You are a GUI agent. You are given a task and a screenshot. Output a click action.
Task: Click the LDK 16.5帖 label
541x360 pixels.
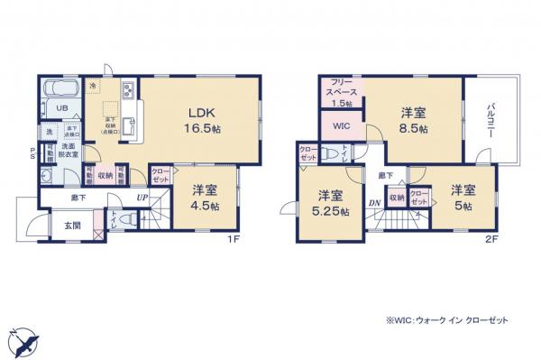coord(205,121)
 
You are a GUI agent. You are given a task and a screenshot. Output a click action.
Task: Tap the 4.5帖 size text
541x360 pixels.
coord(205,203)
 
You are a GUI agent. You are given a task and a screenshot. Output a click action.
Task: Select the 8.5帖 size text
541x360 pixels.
coord(414,127)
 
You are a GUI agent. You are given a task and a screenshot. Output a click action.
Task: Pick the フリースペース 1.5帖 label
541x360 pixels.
coord(342,92)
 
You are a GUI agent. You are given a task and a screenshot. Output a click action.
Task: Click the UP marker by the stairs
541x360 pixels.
coord(142,197)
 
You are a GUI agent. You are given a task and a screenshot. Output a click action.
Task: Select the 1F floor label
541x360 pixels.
coord(232,239)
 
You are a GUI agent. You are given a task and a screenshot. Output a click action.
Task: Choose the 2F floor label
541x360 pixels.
coord(491,239)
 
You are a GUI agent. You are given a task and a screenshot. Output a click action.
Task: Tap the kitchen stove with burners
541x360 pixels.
coord(127,89)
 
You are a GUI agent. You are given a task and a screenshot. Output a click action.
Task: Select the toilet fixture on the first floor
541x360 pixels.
coord(125,219)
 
